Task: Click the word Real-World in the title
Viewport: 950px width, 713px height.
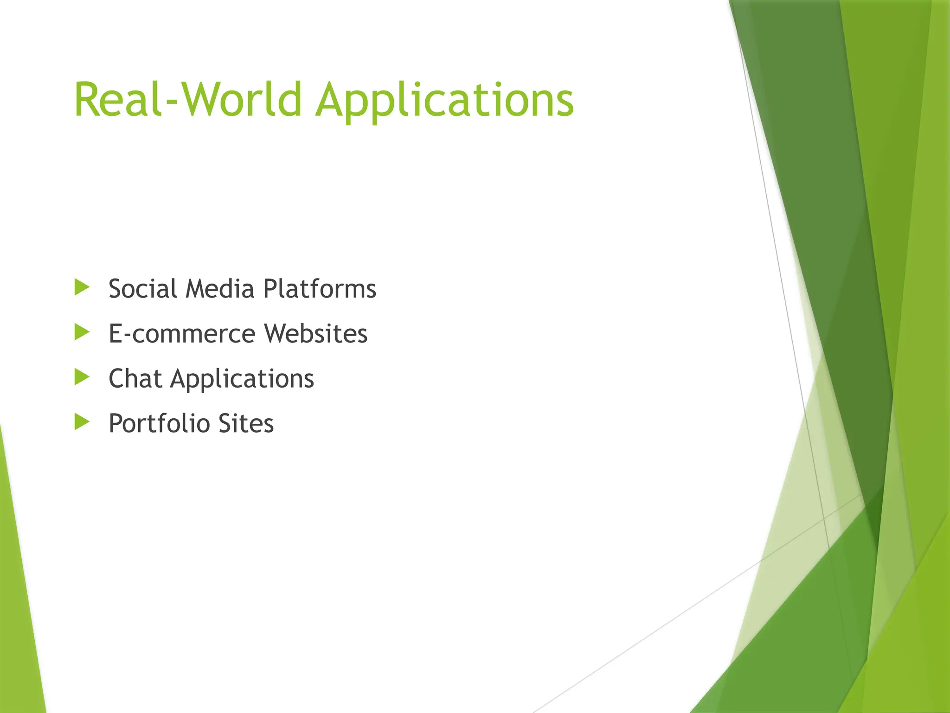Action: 188,100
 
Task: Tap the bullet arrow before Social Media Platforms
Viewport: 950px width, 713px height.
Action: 82,287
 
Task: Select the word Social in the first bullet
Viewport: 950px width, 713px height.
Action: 142,289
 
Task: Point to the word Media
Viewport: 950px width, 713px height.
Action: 220,289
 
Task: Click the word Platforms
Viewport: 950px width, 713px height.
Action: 320,289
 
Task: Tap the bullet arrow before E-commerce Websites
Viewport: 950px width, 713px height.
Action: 82,332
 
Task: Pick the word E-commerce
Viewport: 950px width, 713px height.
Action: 182,334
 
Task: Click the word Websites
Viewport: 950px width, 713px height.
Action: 316,334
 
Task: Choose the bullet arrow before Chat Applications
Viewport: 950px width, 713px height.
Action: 82,377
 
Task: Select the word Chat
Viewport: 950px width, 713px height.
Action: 135,378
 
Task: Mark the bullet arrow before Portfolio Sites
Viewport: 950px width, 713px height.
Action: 82,422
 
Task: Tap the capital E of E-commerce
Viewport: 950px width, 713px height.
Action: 116,334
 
